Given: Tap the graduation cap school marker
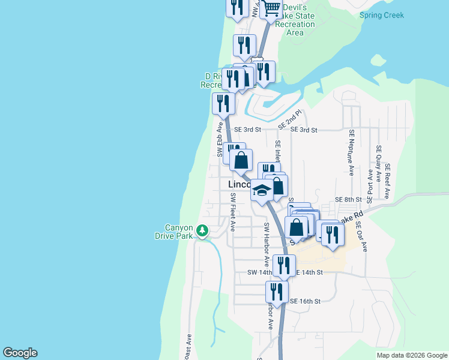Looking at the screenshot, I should pyautogui.click(x=262, y=191).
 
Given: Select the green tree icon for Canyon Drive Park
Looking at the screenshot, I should pyautogui.click(x=203, y=230).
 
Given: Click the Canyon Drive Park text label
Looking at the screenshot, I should pyautogui.click(x=179, y=232).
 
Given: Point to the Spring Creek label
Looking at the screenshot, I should pyautogui.click(x=382, y=15).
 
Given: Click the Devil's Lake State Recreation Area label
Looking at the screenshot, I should pyautogui.click(x=295, y=20).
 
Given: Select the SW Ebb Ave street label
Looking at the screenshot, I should pyautogui.click(x=220, y=140).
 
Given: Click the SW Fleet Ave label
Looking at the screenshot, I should pyautogui.click(x=232, y=212).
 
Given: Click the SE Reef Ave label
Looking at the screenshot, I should pyautogui.click(x=388, y=181).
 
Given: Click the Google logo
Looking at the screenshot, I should pyautogui.click(x=20, y=353).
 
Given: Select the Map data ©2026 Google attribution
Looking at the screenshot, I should pyautogui.click(x=411, y=355).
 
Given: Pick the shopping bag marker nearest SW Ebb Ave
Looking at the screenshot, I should pyautogui.click(x=241, y=160).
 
